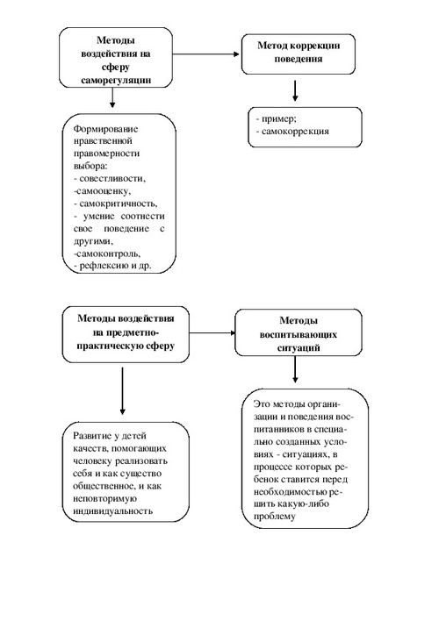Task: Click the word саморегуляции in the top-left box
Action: pos(116,81)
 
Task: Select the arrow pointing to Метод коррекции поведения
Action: pos(206,54)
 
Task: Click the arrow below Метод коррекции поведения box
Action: pos(295,90)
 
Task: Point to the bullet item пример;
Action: pos(276,118)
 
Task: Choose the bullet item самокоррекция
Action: pos(291,131)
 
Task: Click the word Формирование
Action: pos(106,129)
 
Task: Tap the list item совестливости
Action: pos(110,179)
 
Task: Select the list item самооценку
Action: pos(103,191)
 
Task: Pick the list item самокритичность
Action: pos(115,203)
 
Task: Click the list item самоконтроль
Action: pos(107,253)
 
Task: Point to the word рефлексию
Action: pos(100,266)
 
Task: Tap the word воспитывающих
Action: pos(299,335)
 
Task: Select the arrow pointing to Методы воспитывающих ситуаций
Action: pos(212,332)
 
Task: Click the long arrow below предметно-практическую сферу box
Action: pos(122,391)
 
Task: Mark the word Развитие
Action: pos(91,436)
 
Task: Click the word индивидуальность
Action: pos(112,510)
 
